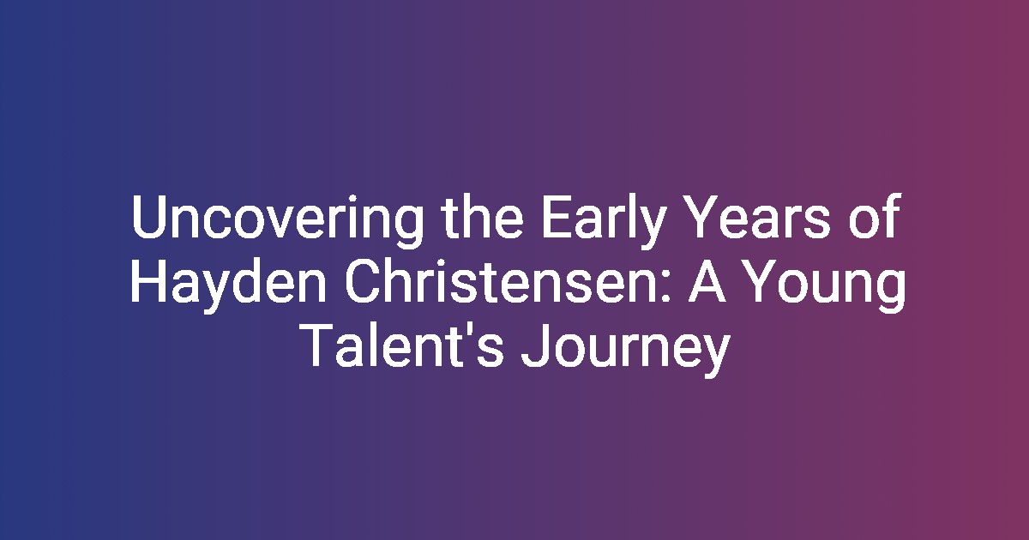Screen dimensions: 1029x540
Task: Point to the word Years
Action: (x=760, y=216)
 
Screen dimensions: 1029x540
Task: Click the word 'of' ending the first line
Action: (x=874, y=216)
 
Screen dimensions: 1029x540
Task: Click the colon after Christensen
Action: (x=666, y=287)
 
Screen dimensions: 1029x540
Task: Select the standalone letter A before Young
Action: (x=707, y=280)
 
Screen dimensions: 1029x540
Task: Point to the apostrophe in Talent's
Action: (x=466, y=331)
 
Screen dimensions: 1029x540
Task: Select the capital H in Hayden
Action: (x=148, y=280)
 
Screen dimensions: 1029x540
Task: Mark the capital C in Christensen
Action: (x=363, y=280)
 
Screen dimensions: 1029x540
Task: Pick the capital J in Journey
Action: (x=536, y=345)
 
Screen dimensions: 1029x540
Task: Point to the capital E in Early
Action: (x=557, y=216)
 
